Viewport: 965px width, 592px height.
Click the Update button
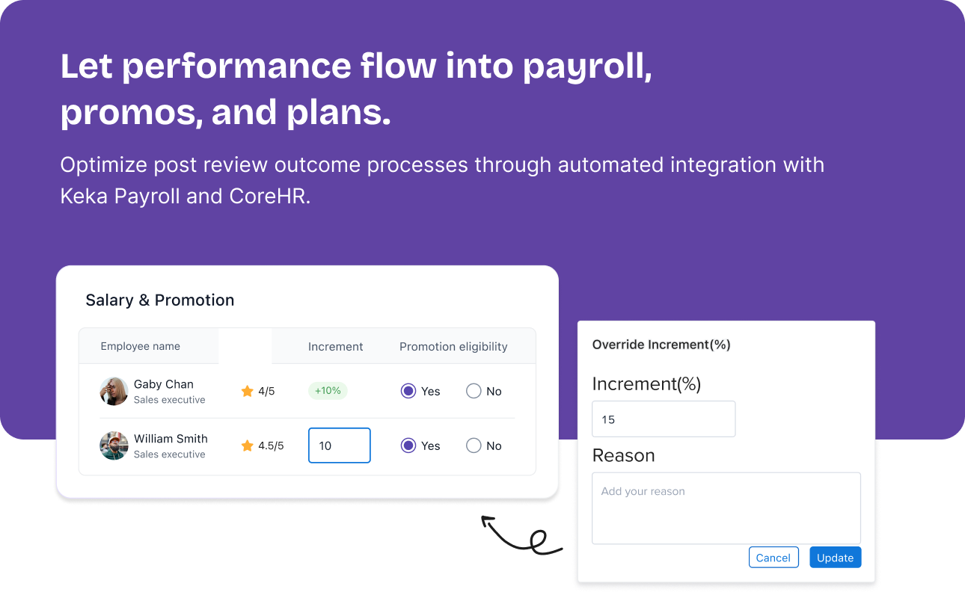tap(835, 558)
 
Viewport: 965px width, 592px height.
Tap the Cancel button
tap(773, 558)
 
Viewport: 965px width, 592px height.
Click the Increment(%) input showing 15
tap(664, 419)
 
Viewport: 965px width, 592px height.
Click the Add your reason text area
tap(726, 508)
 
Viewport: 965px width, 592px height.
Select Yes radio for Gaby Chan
tap(408, 391)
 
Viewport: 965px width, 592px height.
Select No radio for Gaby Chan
tap(474, 391)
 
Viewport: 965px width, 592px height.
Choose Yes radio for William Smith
tap(408, 445)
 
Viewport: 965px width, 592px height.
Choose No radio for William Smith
tap(474, 445)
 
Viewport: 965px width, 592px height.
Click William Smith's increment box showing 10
tap(340, 445)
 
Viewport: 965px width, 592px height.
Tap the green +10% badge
tap(328, 390)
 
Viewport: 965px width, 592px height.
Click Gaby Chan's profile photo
tap(114, 392)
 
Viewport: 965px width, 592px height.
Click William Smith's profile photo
tap(114, 445)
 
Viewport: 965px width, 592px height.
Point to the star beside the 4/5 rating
tap(248, 391)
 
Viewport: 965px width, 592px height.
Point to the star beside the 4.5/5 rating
tap(248, 445)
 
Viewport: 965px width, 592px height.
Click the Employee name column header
tap(141, 346)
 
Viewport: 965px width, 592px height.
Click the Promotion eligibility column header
tap(453, 347)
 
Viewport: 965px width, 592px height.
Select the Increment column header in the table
tap(335, 347)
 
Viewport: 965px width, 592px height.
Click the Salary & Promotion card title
tap(160, 300)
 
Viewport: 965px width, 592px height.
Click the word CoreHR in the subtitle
tap(269, 196)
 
